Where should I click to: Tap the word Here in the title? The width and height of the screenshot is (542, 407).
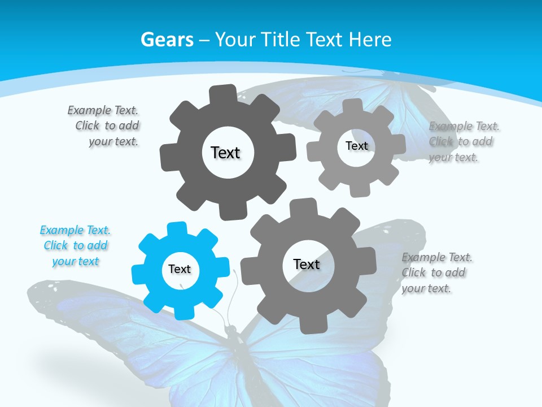[x=370, y=40]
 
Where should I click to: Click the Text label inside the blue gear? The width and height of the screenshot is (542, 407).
[x=180, y=270]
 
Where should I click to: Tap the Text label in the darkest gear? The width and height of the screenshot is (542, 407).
[x=225, y=153]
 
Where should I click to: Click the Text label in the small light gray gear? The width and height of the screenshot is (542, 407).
[x=357, y=146]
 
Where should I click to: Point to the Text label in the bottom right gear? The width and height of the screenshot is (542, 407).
[x=307, y=264]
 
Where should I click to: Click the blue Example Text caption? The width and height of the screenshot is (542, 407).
[x=75, y=246]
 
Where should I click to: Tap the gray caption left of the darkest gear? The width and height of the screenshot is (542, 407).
[x=104, y=126]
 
